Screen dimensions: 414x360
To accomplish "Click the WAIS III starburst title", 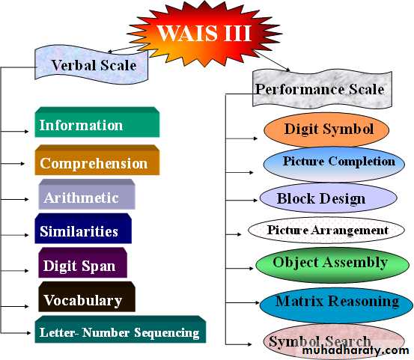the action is (x=204, y=34).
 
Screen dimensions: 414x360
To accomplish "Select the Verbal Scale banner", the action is (x=91, y=64).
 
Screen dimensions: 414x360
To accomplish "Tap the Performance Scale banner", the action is (x=322, y=88).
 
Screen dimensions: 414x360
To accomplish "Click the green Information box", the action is (x=97, y=122).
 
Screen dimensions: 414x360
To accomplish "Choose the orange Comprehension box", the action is (x=97, y=160).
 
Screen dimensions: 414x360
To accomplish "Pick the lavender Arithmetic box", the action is (x=87, y=195).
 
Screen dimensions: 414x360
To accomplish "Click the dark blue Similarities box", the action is (x=83, y=228).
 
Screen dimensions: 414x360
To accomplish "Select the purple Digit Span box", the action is (x=82, y=263).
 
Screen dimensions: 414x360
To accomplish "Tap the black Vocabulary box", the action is (x=87, y=296).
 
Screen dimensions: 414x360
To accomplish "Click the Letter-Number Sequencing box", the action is (x=121, y=329).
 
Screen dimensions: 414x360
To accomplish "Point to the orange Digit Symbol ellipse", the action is (x=326, y=129).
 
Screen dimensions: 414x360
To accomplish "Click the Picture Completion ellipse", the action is (x=334, y=164).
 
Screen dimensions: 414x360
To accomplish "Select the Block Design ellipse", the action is (x=329, y=198).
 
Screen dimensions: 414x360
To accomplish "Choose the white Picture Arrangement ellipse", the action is (x=326, y=231).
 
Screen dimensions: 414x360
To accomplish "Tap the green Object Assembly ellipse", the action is (x=332, y=265).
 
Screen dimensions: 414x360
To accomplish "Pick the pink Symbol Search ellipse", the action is (x=334, y=341).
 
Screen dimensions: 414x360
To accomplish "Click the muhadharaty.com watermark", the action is (x=356, y=350).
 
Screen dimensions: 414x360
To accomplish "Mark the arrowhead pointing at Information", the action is (x=26, y=131).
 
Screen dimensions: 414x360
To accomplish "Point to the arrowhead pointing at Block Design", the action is (x=255, y=201).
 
